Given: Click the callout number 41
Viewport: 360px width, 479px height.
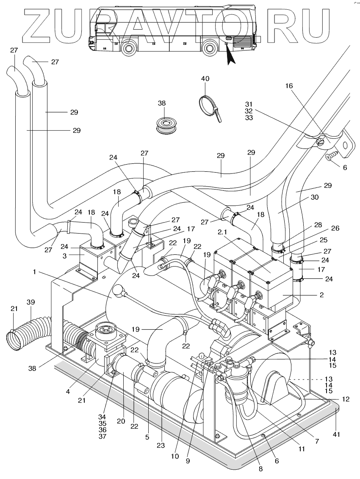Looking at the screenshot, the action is (x=337, y=434).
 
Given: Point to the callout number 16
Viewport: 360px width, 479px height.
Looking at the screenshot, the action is (x=289, y=86).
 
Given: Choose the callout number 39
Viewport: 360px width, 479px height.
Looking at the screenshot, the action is (x=31, y=302).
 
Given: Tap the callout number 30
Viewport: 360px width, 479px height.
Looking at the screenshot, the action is (x=315, y=197).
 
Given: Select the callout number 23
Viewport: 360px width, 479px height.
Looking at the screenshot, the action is (x=161, y=445).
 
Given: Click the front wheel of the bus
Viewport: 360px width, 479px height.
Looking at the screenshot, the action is (x=128, y=48).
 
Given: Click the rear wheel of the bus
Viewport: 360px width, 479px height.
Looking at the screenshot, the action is (x=210, y=48).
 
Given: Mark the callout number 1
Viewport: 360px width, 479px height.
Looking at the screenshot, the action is (x=35, y=272).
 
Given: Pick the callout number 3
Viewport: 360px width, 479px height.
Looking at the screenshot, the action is (x=64, y=256).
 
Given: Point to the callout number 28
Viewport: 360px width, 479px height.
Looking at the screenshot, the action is (x=318, y=225).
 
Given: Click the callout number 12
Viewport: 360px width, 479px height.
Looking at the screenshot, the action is (x=346, y=399).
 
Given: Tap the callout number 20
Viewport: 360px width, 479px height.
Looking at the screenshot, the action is (x=121, y=421).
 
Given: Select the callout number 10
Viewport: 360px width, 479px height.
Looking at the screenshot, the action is (x=174, y=457).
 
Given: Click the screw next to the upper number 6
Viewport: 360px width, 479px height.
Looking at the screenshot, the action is (x=330, y=158).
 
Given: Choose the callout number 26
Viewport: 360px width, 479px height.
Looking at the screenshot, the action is (x=335, y=228).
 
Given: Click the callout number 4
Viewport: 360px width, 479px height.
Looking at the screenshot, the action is (x=68, y=391).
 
